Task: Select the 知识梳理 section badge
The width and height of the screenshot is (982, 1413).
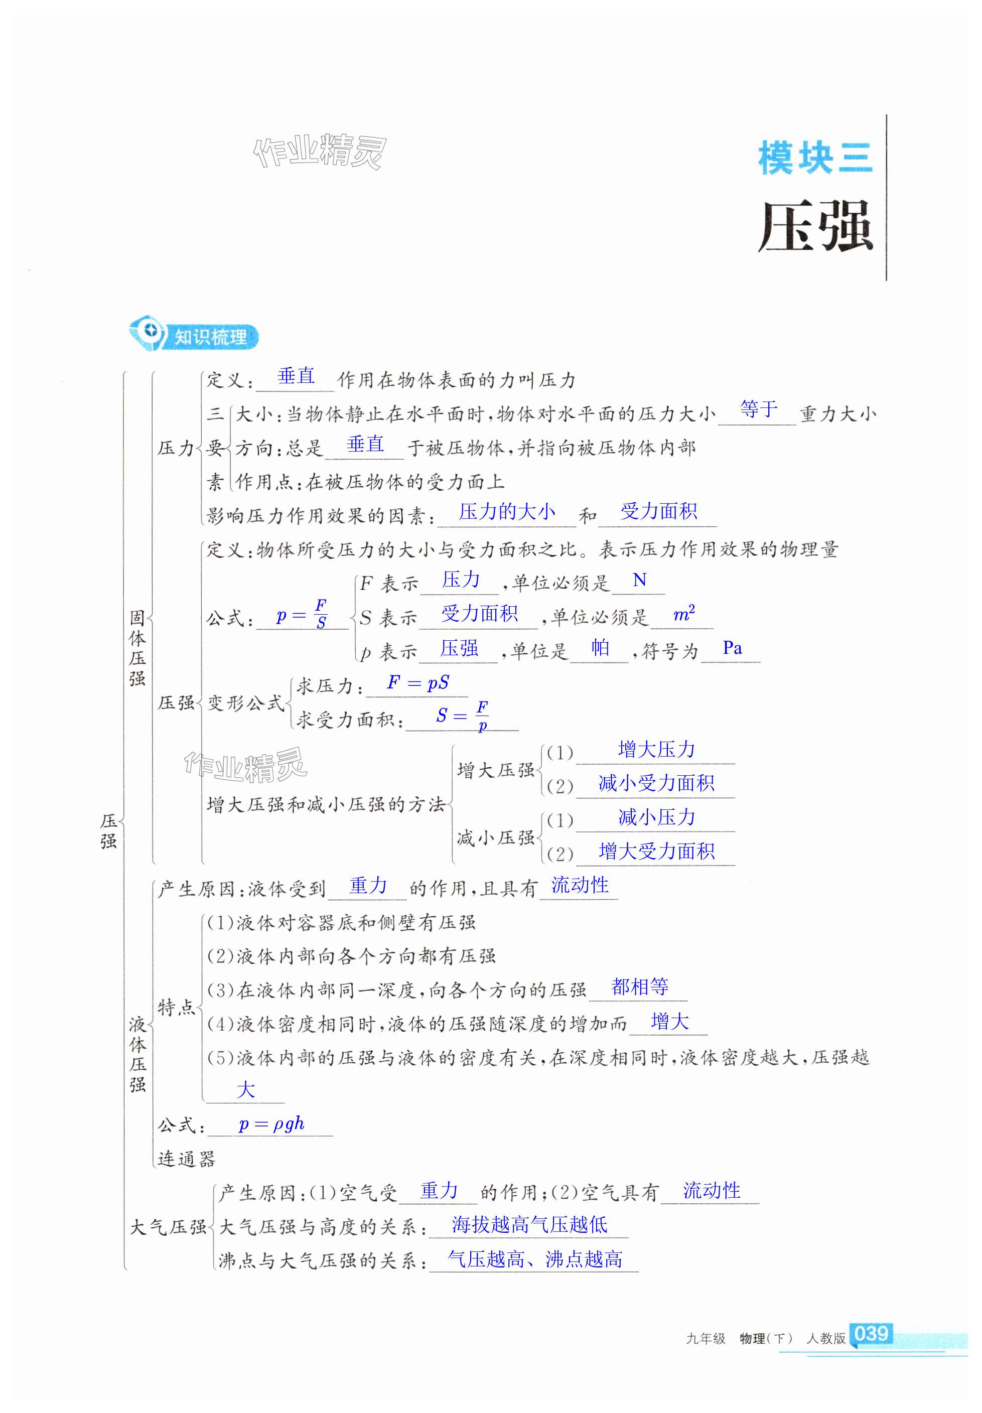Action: [194, 336]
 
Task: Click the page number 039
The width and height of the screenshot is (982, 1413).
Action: [871, 1333]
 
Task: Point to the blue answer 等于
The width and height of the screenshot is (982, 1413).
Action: [758, 409]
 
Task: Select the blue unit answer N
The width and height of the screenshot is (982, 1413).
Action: [639, 580]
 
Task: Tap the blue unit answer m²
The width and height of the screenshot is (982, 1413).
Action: [683, 613]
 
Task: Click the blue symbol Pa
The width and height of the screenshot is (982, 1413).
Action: [732, 648]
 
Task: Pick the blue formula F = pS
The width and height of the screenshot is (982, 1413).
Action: [418, 682]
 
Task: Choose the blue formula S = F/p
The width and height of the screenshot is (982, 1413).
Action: [462, 716]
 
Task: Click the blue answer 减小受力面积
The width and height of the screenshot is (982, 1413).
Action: [656, 783]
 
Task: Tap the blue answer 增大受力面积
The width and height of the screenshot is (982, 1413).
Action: [656, 851]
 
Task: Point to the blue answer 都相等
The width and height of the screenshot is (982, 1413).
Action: [639, 986]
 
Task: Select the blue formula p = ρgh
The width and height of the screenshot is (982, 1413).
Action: [271, 1124]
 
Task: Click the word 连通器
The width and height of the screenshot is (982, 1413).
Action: [187, 1158]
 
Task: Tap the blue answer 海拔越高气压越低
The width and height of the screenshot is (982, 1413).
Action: [529, 1224]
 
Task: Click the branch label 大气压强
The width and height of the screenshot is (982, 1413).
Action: [168, 1227]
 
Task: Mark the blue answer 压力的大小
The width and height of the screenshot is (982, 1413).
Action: [506, 511]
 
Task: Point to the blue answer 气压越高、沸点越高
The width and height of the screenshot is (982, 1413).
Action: [534, 1258]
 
